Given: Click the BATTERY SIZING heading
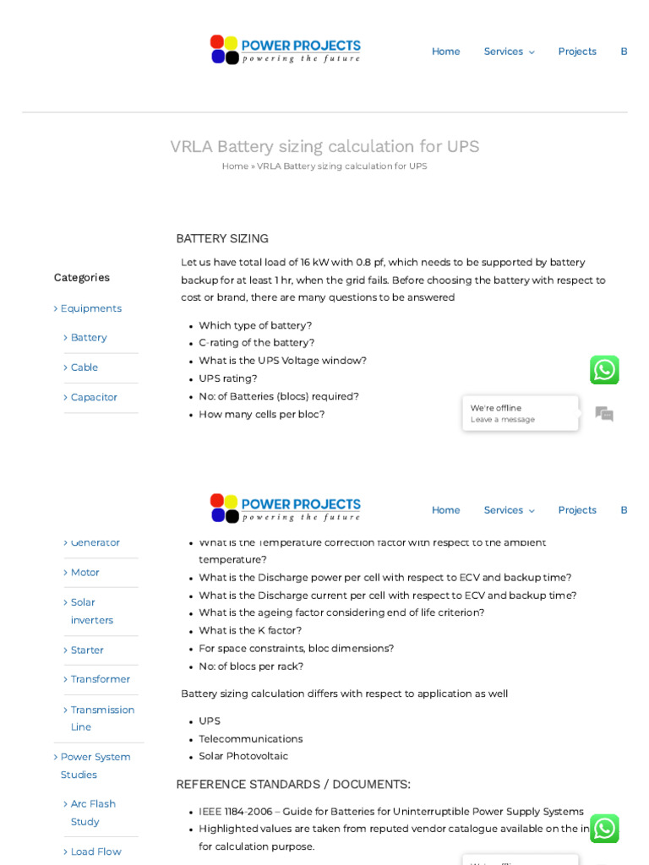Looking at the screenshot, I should click(x=222, y=238).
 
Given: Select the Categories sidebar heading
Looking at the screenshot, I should click(x=82, y=277).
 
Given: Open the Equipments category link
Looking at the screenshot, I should click(x=90, y=308).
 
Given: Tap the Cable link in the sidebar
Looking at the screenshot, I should click(x=85, y=367).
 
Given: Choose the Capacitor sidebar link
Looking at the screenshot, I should click(x=94, y=397).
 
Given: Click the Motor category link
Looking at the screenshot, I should click(x=85, y=572).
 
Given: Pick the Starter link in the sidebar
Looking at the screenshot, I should click(x=87, y=650).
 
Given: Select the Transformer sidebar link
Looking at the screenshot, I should click(x=101, y=679).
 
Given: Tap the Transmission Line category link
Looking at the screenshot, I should click(x=102, y=718).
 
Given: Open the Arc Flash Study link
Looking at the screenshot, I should click(x=93, y=812).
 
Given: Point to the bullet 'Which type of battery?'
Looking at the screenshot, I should click(x=255, y=325).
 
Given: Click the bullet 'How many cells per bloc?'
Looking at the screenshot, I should click(x=261, y=414).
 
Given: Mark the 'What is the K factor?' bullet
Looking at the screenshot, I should click(x=250, y=630).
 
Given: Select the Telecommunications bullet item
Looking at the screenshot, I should click(x=250, y=738).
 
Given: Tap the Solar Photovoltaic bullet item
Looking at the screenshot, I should click(x=243, y=756).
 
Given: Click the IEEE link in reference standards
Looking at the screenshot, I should click(x=210, y=811).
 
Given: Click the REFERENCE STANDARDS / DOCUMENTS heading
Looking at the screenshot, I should click(x=293, y=784).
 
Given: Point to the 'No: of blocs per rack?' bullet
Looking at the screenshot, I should click(x=251, y=666).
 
